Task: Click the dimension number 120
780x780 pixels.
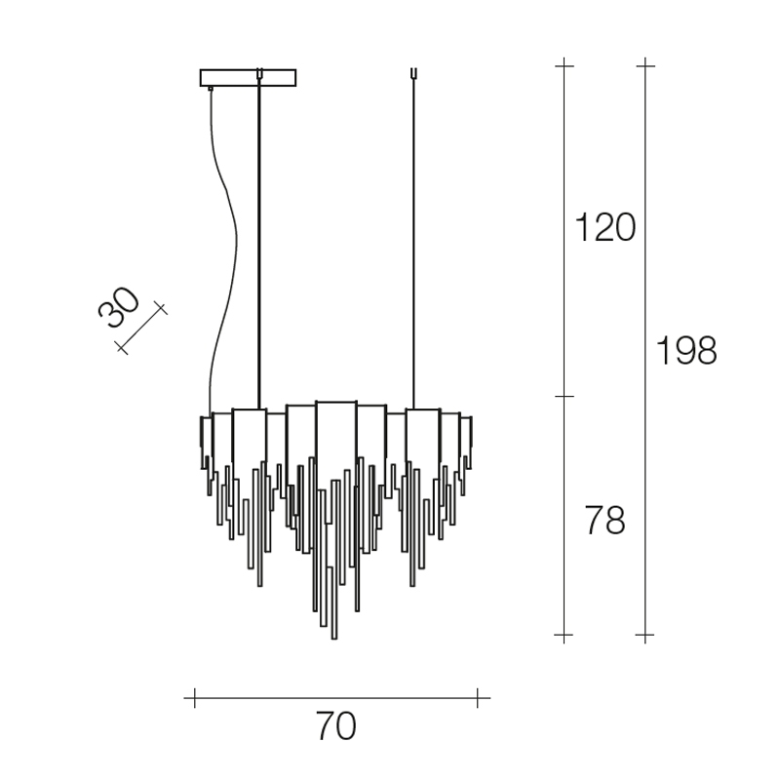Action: [x=604, y=227]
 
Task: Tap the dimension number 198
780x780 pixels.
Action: [x=686, y=351]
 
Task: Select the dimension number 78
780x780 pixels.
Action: [x=604, y=521]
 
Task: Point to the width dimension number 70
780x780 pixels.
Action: [x=335, y=726]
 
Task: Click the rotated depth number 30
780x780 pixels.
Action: [x=119, y=307]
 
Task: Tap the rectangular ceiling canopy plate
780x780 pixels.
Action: [x=248, y=78]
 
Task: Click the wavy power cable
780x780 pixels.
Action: [x=223, y=249]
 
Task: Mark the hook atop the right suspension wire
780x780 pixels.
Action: [x=413, y=73]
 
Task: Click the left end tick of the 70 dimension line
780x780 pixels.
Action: [x=194, y=698]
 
